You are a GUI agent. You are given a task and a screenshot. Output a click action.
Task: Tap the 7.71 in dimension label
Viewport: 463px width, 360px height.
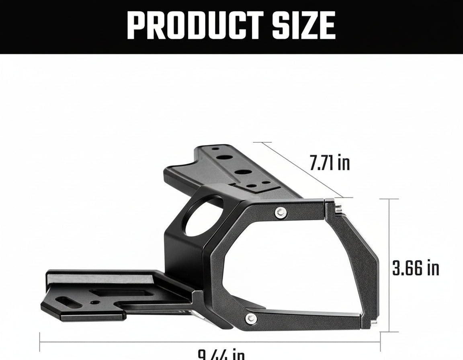tap(330, 163)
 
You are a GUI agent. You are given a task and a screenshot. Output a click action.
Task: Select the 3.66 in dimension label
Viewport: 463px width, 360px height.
tap(415, 268)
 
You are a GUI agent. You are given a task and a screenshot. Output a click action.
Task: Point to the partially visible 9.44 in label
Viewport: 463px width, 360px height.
tap(221, 354)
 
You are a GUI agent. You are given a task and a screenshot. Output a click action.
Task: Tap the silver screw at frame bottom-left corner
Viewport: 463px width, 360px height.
tap(252, 318)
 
